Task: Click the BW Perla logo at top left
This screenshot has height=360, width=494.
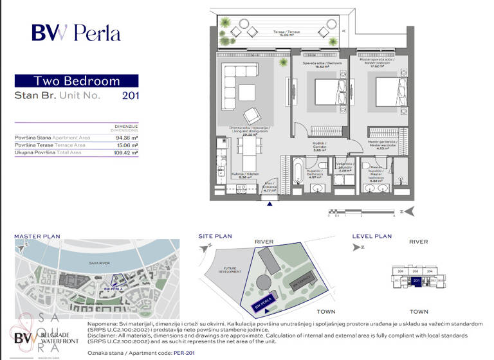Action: (x=76, y=32)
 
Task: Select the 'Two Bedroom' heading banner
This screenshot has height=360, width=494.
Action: (x=76, y=81)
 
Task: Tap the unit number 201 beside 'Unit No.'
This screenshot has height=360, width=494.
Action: (x=129, y=96)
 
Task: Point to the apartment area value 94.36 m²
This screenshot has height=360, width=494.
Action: (x=125, y=138)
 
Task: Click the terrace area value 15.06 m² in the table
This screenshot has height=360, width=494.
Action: (x=125, y=145)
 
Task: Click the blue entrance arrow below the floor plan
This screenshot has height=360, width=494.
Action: (x=270, y=204)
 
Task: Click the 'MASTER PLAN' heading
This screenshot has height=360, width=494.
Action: (x=37, y=237)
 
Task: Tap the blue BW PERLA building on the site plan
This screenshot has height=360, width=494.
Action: (x=265, y=303)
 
